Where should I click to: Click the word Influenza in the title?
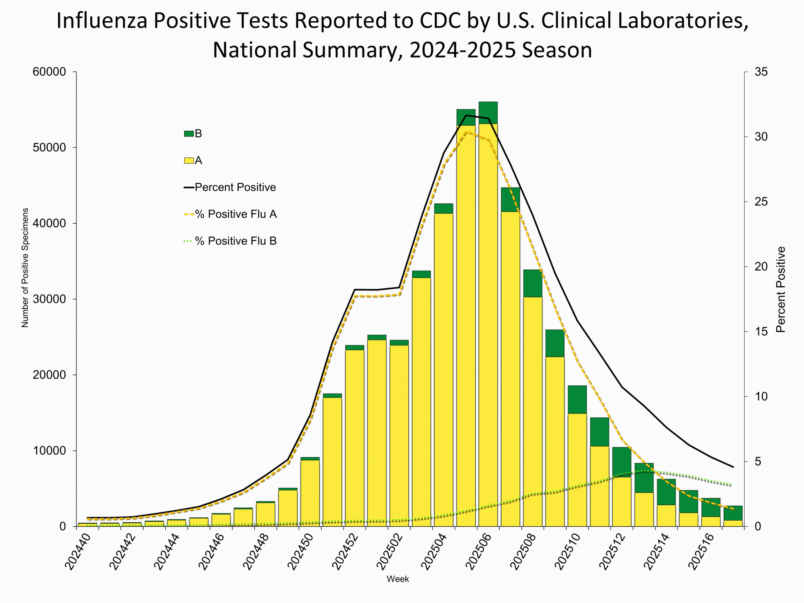[101, 20]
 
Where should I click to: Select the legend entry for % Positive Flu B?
[236, 241]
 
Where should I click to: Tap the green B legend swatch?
[189, 134]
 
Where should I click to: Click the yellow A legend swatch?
[189, 161]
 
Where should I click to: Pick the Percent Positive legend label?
[235, 187]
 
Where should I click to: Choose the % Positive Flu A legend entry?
[236, 214]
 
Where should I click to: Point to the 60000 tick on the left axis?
[49, 72]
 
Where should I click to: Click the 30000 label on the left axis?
[49, 299]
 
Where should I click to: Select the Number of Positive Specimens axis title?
[25, 268]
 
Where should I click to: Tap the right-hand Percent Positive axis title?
[780, 289]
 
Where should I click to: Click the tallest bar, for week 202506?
[488, 327]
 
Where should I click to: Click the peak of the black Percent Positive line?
[466, 115]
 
